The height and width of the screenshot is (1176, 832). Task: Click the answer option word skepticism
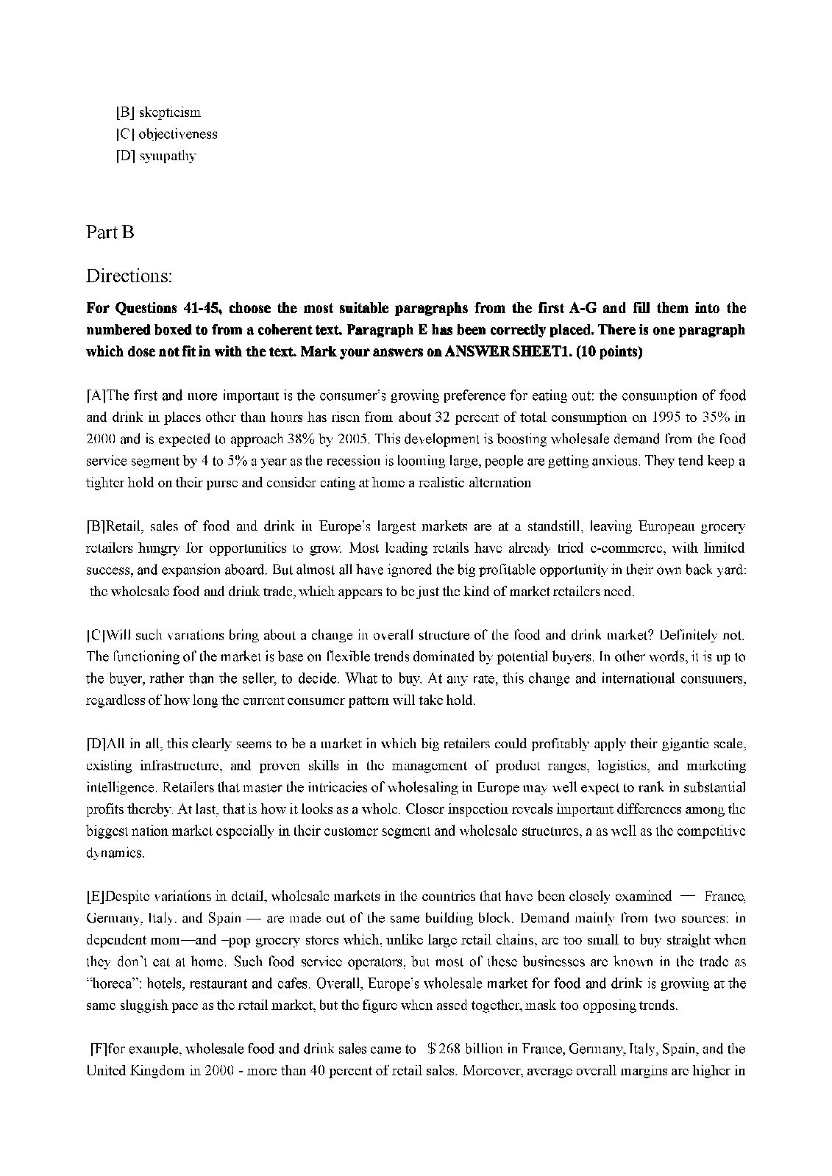point(169,112)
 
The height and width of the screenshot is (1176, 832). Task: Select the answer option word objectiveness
point(178,134)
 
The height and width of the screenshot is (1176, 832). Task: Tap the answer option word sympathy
point(167,156)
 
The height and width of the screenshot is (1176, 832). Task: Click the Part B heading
point(110,232)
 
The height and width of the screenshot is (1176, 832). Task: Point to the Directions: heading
point(129,276)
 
